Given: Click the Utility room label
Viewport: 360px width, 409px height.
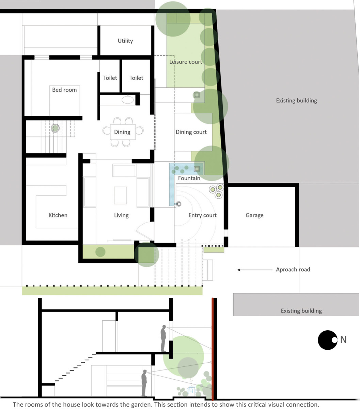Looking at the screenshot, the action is click(125, 41).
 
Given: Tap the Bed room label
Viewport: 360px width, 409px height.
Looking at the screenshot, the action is click(64, 90).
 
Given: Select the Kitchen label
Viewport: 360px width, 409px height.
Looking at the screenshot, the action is click(58, 215).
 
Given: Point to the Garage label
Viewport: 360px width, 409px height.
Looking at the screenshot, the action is click(254, 215).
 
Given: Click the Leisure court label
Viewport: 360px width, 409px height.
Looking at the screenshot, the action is click(185, 62).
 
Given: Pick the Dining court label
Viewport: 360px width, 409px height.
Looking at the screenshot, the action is click(191, 132).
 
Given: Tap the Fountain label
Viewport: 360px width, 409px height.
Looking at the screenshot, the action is click(189, 178).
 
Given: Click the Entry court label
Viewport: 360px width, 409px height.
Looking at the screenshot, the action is click(202, 215).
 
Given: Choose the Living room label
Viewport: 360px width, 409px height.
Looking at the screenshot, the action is click(121, 215).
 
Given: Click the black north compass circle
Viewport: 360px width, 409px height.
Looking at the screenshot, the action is click(328, 340).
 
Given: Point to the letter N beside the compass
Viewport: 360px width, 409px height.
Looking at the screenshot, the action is click(343, 340).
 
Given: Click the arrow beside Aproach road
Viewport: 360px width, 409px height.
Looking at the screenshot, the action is click(255, 270).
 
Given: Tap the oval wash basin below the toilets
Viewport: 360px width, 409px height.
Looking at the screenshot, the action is click(127, 100).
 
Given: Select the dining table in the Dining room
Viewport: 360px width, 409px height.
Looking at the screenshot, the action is click(123, 132).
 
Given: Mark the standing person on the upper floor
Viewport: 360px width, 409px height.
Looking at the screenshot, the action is click(163, 338).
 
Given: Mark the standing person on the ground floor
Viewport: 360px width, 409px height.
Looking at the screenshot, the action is click(144, 383).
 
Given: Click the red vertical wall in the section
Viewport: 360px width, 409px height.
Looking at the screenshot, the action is click(213, 349).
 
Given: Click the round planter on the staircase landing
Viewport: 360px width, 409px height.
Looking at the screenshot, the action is click(55, 128).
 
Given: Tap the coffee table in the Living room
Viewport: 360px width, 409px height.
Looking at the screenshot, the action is click(121, 195).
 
